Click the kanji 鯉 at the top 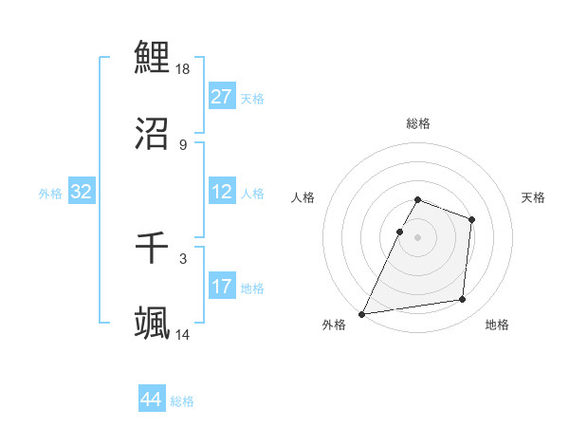[152, 57]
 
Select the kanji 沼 [152, 135]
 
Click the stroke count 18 [184, 68]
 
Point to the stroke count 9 [182, 145]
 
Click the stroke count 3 [182, 258]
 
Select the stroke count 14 [184, 335]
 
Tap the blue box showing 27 [222, 97]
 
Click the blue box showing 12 [222, 192]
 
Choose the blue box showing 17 [222, 287]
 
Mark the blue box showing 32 [82, 192]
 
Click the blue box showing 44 [152, 400]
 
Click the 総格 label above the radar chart [418, 123]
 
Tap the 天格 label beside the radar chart [533, 197]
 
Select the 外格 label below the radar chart [334, 325]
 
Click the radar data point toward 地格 [463, 300]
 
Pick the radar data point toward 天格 [471, 219]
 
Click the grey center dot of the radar [418, 236]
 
